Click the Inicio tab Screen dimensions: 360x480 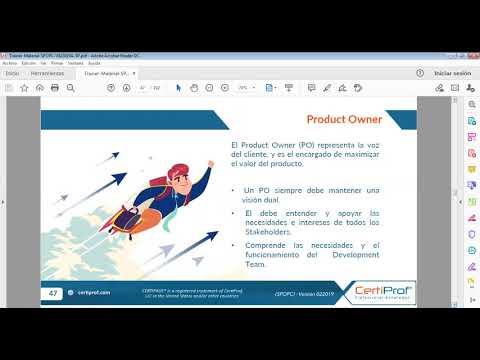[12, 73]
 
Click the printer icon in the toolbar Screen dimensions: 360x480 [54, 88]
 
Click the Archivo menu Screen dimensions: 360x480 [10, 62]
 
